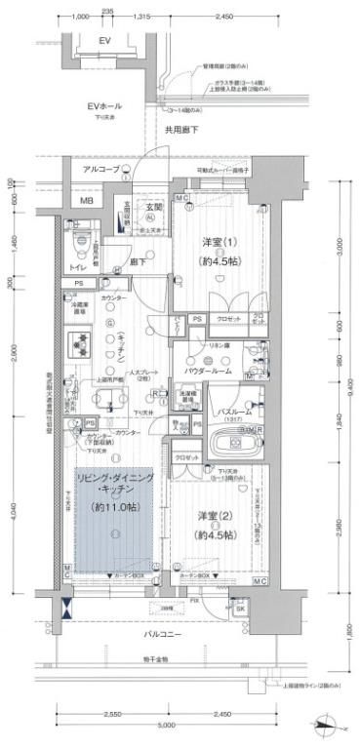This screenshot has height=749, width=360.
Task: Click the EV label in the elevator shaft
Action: point(105,41)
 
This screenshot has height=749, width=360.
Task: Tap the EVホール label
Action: point(104,106)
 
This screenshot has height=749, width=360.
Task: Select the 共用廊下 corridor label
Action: point(181,129)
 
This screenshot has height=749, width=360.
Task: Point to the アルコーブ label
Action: point(100,170)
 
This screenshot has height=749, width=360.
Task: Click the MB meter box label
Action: point(86,202)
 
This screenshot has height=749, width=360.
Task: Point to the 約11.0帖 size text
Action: point(112,507)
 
